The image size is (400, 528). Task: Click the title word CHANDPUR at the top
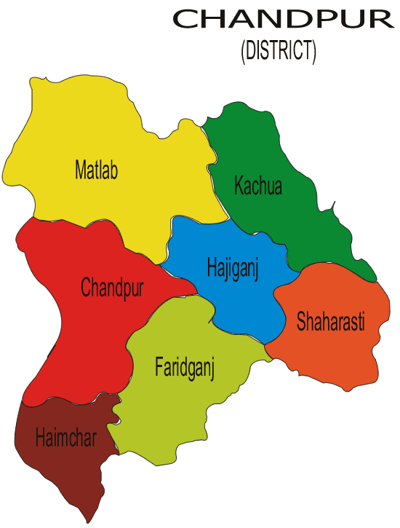coord(284,20)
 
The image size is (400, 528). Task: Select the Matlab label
coord(96,171)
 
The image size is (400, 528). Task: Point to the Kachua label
coord(258,186)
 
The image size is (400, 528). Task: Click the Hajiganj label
coord(232,267)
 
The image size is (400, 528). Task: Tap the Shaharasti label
coord(330,321)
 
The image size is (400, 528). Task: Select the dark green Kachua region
coord(291,218)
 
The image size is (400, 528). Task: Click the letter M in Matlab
coord(80,171)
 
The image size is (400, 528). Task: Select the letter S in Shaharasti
coord(301,321)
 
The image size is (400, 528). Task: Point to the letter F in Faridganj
coord(159,365)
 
